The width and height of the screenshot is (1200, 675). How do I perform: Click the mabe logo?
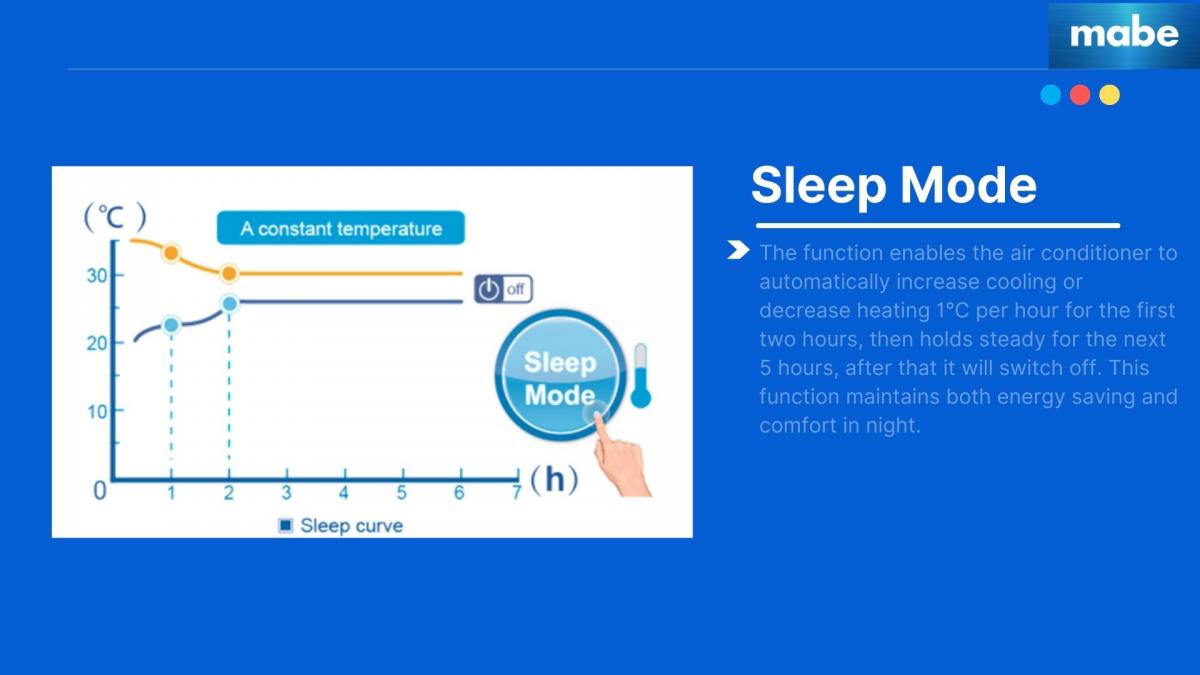pyautogui.click(x=1124, y=34)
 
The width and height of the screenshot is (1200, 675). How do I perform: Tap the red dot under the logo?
pyautogui.click(x=1080, y=95)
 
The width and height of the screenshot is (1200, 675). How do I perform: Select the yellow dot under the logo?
pyautogui.click(x=1109, y=95)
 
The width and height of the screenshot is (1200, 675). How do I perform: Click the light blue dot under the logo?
pyautogui.click(x=1051, y=95)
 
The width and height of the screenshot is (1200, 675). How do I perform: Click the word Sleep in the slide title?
pyautogui.click(x=819, y=185)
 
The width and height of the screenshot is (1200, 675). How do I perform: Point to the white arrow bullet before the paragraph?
pyautogui.click(x=738, y=250)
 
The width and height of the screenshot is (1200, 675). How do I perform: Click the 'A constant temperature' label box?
pyautogui.click(x=341, y=228)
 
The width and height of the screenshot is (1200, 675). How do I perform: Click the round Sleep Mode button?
pyautogui.click(x=560, y=376)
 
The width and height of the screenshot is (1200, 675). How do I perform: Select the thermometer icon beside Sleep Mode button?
pyautogui.click(x=641, y=376)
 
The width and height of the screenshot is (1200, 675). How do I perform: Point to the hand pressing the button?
pyautogui.click(x=621, y=453)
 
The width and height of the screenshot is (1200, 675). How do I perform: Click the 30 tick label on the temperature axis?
pyautogui.click(x=98, y=276)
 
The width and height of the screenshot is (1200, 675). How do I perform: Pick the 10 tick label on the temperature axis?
pyautogui.click(x=98, y=412)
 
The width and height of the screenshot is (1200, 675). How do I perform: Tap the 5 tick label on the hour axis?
pyautogui.click(x=402, y=493)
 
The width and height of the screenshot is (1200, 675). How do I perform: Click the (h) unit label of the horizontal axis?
pyautogui.click(x=554, y=479)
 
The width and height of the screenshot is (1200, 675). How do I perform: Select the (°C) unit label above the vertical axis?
pyautogui.click(x=115, y=216)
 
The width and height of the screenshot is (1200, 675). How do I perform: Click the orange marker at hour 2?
pyautogui.click(x=229, y=274)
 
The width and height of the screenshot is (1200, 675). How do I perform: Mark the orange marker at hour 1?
pyautogui.click(x=171, y=253)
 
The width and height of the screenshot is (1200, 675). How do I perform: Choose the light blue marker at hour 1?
pyautogui.click(x=171, y=325)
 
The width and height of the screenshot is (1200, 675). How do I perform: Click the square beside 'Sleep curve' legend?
pyautogui.click(x=286, y=526)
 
